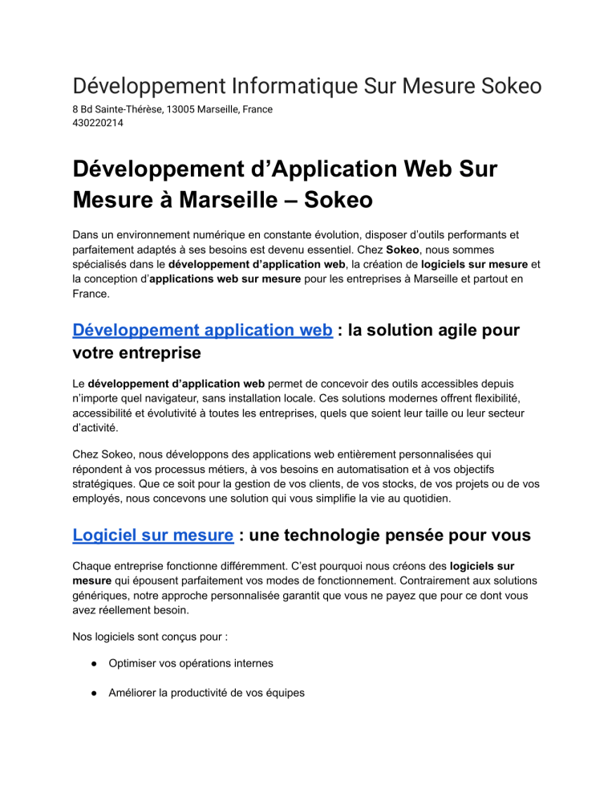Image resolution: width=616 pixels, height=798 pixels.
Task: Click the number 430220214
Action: coord(99,124)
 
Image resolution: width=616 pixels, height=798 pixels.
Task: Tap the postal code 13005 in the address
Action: coord(191,109)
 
